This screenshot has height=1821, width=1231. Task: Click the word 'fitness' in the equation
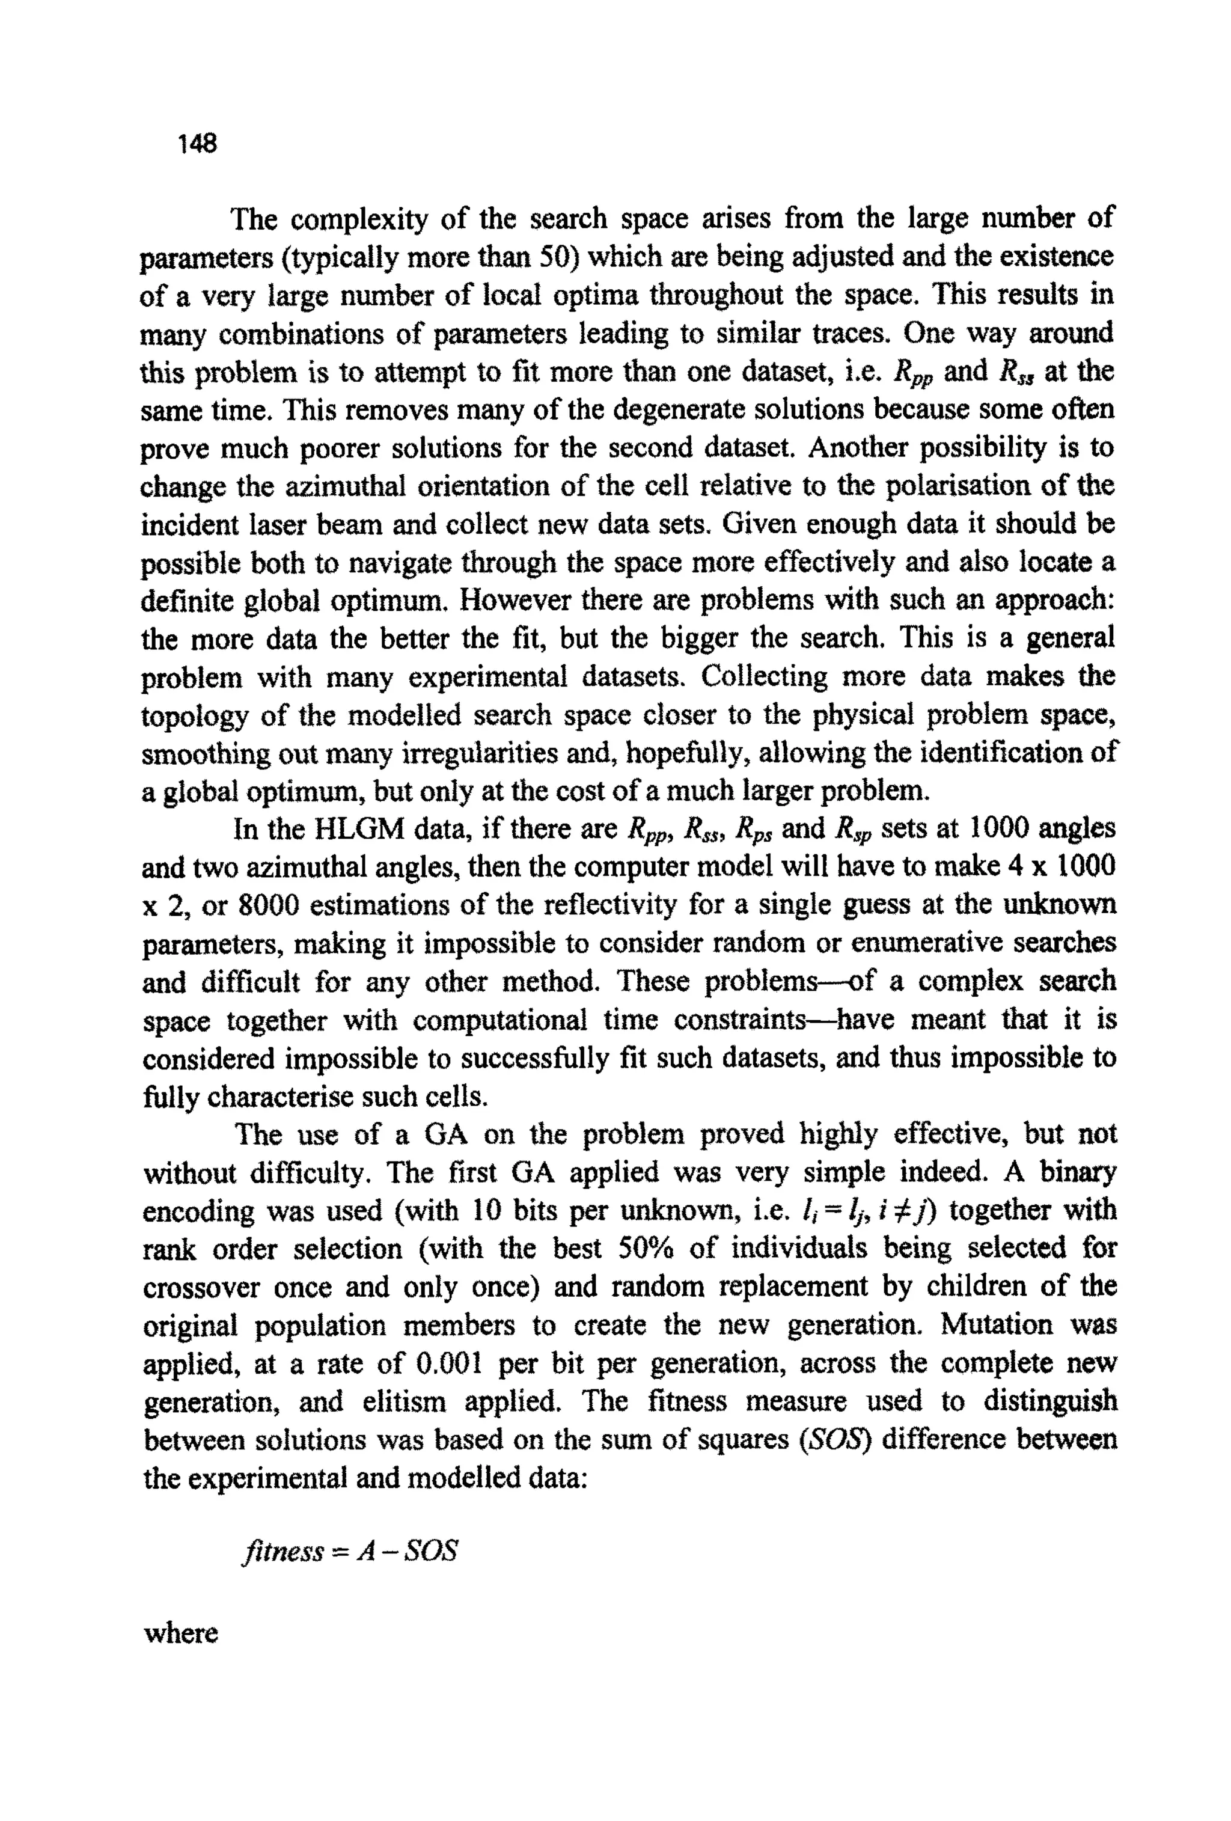pos(284,1550)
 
